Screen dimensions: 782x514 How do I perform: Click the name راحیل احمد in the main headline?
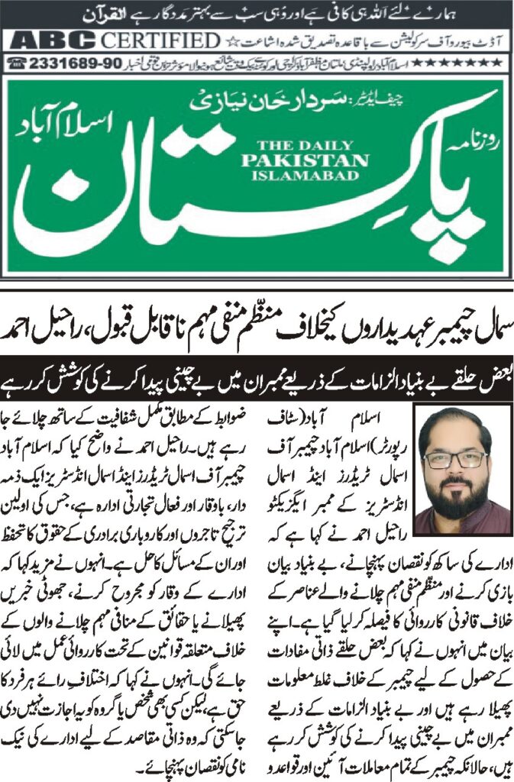[x=50, y=332]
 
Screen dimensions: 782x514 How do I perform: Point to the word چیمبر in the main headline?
[x=428, y=332]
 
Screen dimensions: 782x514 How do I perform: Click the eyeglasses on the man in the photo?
[x=455, y=459]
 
